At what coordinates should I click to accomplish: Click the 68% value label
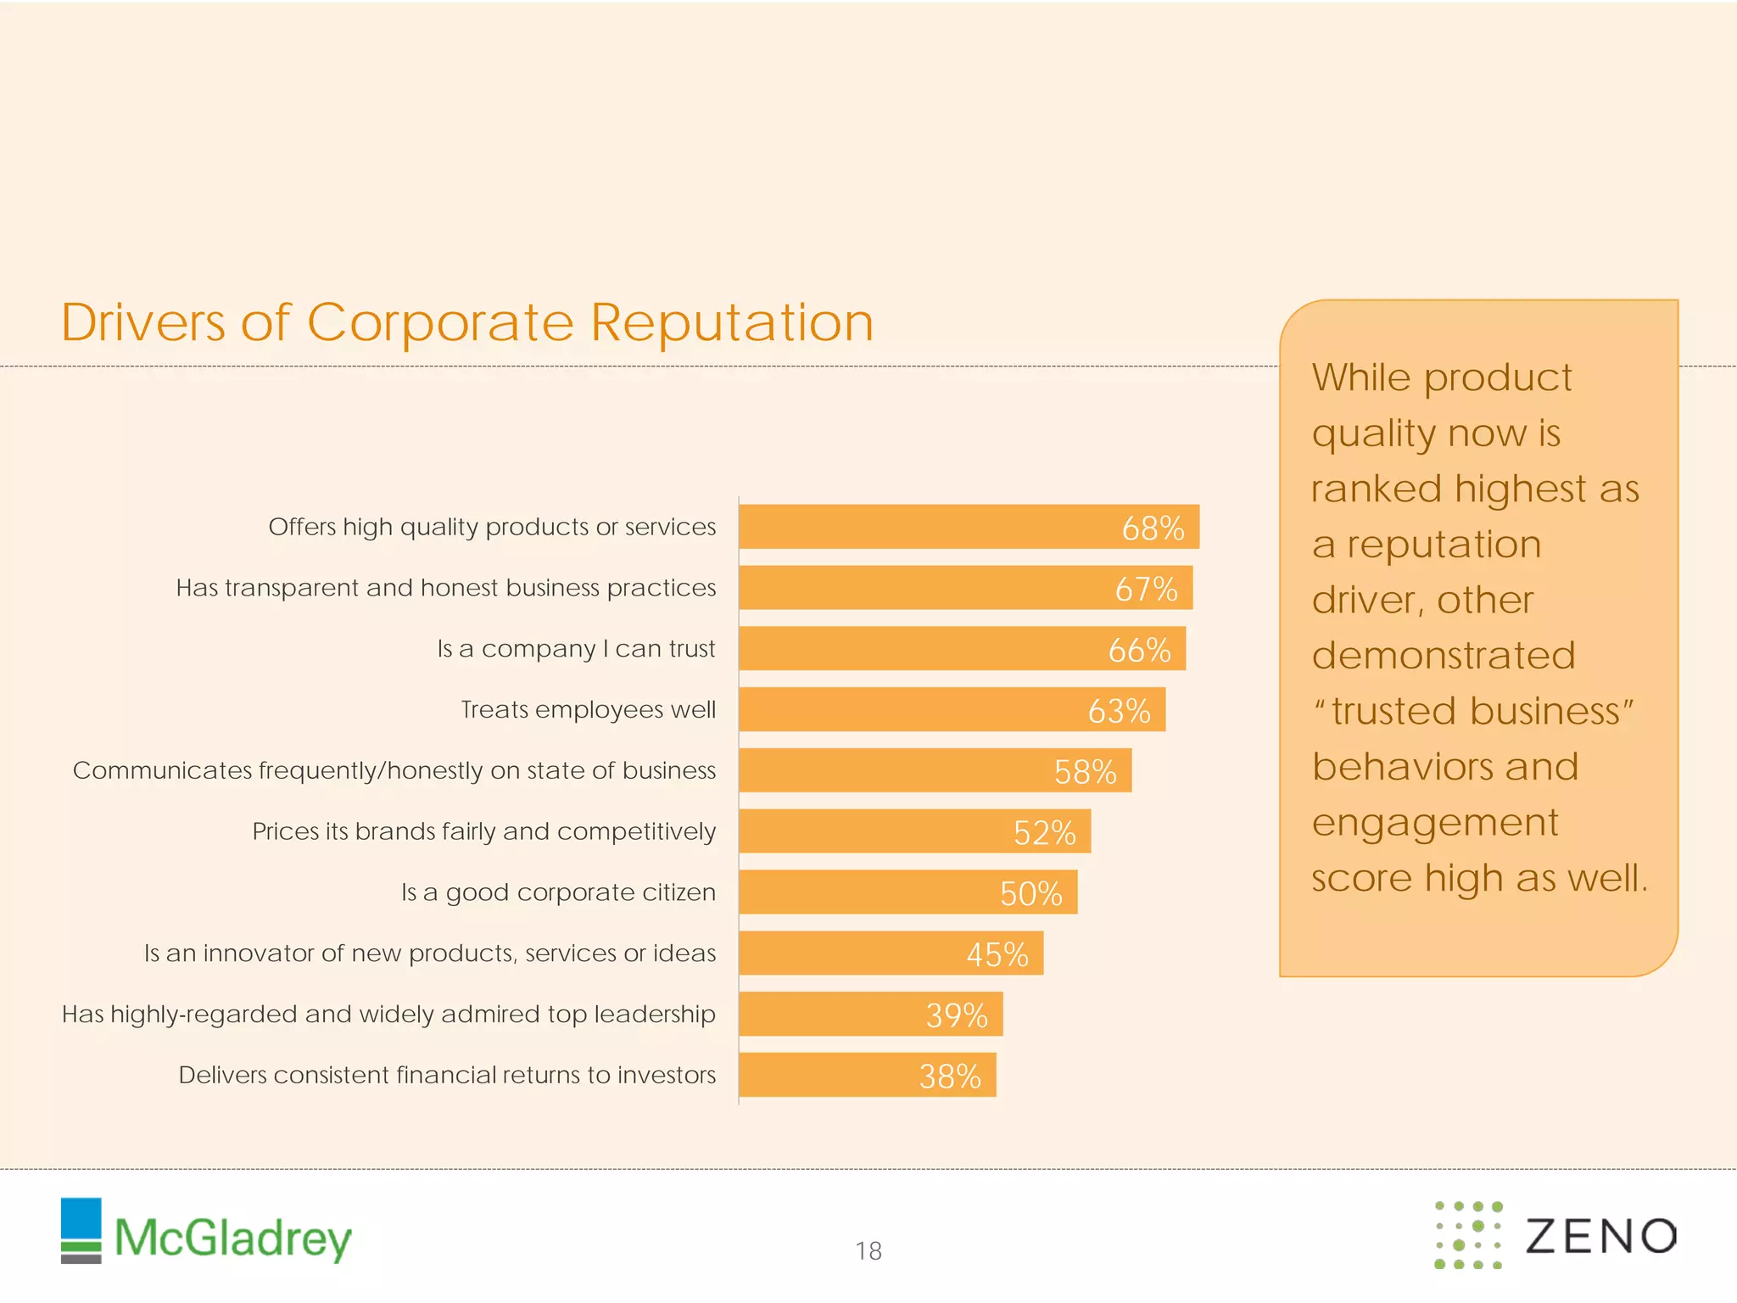[x=1153, y=528]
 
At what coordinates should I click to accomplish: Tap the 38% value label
[x=950, y=1077]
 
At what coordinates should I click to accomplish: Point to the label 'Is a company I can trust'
[x=576, y=649]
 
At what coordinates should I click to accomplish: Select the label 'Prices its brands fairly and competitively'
[x=483, y=831]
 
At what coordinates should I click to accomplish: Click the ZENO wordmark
[x=1600, y=1236]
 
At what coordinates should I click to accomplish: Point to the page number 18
[x=868, y=1251]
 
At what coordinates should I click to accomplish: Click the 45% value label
[x=997, y=954]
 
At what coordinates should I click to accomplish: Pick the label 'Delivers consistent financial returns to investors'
[x=447, y=1076]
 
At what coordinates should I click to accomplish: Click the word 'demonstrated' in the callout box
[x=1444, y=656]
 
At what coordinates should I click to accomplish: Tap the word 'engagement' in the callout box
[x=1435, y=822]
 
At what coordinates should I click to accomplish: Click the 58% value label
[x=1085, y=772]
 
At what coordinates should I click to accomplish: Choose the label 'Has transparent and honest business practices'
[x=445, y=588]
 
